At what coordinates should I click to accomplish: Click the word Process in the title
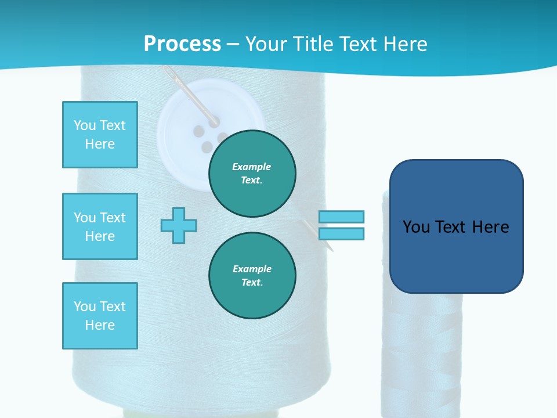click(182, 44)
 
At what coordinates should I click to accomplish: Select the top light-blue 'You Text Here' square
click(100, 135)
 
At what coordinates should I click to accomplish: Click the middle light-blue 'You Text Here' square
click(100, 226)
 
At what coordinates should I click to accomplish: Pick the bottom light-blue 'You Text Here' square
click(100, 316)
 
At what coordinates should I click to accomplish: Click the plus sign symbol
click(179, 225)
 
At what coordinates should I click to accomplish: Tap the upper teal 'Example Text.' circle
click(252, 174)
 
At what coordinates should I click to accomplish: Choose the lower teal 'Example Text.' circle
click(252, 276)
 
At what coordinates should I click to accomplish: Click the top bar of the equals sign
click(341, 217)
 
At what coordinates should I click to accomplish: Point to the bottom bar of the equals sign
click(341, 233)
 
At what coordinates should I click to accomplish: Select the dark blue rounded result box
click(456, 226)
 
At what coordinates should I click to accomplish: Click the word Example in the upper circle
click(251, 167)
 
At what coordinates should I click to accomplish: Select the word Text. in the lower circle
click(252, 283)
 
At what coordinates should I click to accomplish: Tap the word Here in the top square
click(100, 144)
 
